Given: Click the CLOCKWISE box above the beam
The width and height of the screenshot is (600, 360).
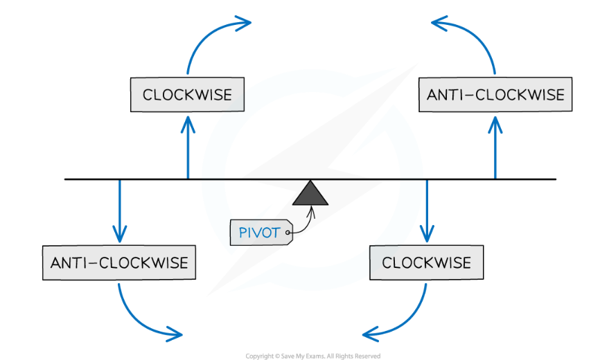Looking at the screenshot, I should pos(187,94).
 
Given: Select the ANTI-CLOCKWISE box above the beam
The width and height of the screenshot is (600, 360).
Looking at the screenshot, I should pos(495,94).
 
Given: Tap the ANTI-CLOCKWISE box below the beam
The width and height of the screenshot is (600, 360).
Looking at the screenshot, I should pos(119,263).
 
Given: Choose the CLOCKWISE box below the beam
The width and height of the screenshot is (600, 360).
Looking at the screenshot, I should pos(426,263).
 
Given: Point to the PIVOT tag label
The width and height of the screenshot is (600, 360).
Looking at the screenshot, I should pos(261,233).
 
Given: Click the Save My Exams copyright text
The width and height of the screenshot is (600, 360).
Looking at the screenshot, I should pos(312,356).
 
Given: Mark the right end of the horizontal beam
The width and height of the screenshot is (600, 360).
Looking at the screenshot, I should pos(554,179).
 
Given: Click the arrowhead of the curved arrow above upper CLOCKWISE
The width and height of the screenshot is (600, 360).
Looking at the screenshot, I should pos(245,24).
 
